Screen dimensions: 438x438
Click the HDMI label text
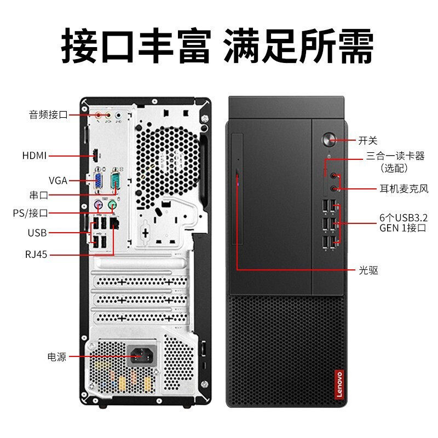click(34, 155)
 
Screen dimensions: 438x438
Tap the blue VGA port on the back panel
click(98, 180)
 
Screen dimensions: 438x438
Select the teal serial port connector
click(115, 180)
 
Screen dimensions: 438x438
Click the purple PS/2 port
click(98, 205)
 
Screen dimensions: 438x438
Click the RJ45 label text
click(36, 255)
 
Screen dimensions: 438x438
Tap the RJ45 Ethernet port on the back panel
click(114, 223)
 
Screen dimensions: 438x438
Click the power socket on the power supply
click(142, 355)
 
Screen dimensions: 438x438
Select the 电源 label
click(57, 357)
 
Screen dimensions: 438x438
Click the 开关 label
click(367, 141)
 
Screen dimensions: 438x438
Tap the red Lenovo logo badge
click(339, 384)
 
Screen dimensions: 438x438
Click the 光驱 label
click(368, 270)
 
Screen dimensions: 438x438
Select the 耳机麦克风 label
click(404, 189)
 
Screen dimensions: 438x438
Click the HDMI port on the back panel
click(95, 156)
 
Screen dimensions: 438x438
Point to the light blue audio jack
click(118, 115)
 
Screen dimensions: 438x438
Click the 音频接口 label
click(48, 114)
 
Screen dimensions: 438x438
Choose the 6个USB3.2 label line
click(404, 217)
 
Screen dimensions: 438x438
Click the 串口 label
click(39, 195)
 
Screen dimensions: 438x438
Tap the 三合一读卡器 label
click(395, 156)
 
